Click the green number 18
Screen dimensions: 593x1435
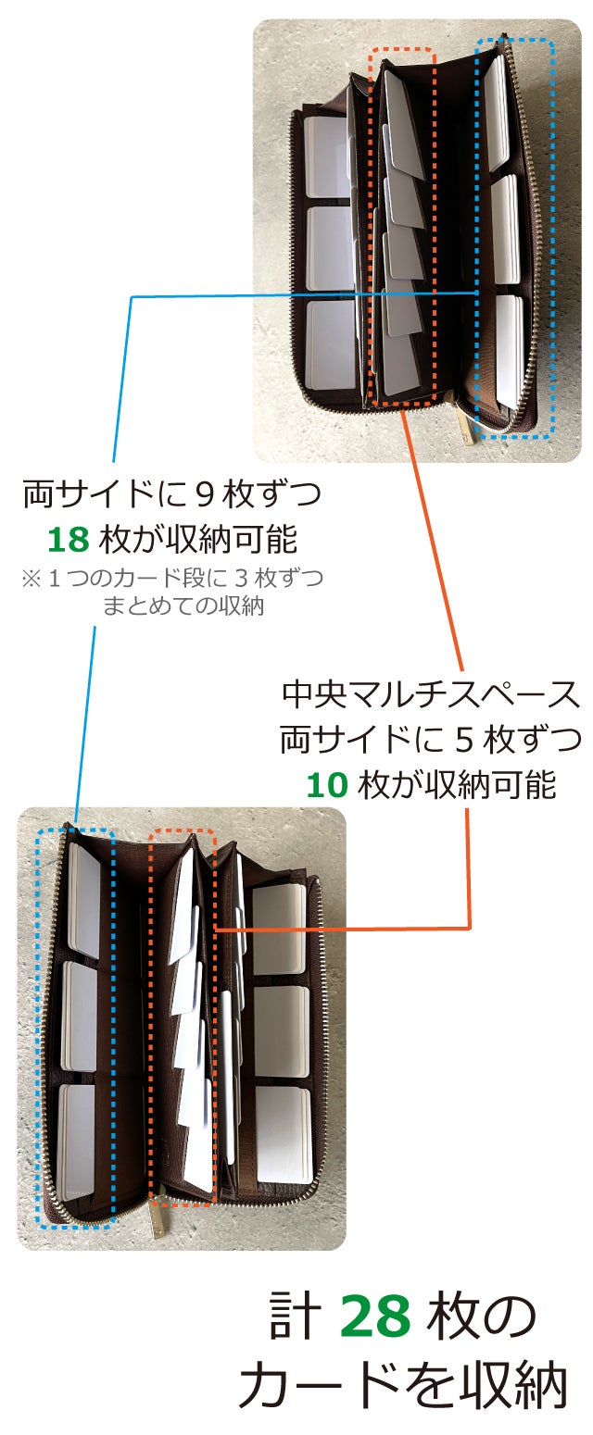(x=68, y=539)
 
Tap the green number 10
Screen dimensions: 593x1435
(x=326, y=785)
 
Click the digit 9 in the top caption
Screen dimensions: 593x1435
(x=204, y=494)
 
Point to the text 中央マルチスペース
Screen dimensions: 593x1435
(x=430, y=694)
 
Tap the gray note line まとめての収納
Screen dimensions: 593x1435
(x=183, y=605)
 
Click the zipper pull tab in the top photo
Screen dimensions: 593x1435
(x=466, y=425)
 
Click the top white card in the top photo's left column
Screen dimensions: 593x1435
(x=326, y=156)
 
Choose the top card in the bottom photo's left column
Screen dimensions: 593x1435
(x=84, y=900)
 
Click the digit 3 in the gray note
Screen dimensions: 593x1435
(x=241, y=578)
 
